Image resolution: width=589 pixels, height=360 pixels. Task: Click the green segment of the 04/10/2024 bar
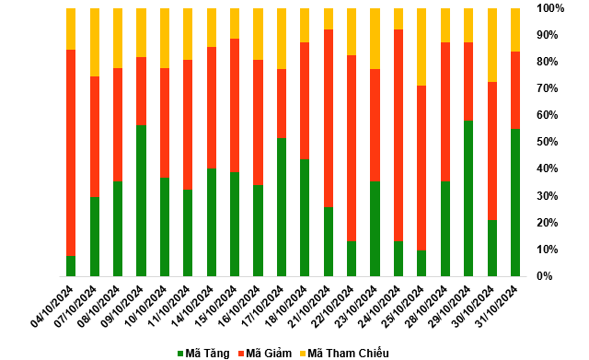click(x=71, y=266)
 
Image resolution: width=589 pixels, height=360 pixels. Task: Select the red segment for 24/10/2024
click(x=398, y=135)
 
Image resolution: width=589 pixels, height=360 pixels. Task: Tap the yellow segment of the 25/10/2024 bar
click(x=422, y=47)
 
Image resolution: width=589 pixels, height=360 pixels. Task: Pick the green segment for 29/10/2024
click(x=468, y=198)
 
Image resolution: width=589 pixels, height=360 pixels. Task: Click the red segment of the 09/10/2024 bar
click(x=141, y=91)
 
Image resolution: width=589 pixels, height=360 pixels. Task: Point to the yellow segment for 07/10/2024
click(x=95, y=42)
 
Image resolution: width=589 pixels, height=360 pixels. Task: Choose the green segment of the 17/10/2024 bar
click(x=282, y=207)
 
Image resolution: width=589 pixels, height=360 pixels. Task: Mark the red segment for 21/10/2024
click(x=329, y=119)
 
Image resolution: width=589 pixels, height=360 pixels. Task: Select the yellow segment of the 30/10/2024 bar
click(x=492, y=45)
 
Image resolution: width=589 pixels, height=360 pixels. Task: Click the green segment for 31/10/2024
click(x=515, y=203)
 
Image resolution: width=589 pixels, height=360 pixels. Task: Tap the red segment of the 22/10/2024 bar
click(x=352, y=148)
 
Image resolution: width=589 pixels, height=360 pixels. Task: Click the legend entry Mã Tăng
click(x=203, y=354)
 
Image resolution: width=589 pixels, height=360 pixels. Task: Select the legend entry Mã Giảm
click(x=265, y=354)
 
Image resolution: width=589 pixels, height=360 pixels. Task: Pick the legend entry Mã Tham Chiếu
click(x=344, y=354)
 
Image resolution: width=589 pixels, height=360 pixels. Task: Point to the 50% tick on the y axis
click(x=548, y=142)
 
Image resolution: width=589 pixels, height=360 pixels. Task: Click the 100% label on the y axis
click(x=550, y=8)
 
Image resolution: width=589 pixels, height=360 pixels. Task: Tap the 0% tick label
click(x=544, y=276)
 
